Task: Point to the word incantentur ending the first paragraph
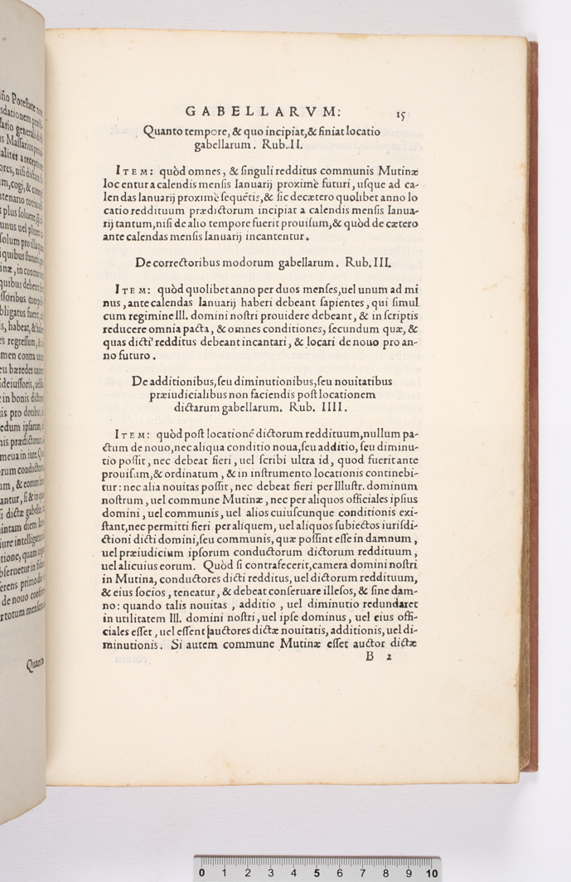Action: point(273,237)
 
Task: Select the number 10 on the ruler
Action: point(431,873)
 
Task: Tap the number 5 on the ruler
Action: point(317,873)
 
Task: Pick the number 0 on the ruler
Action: point(202,873)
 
